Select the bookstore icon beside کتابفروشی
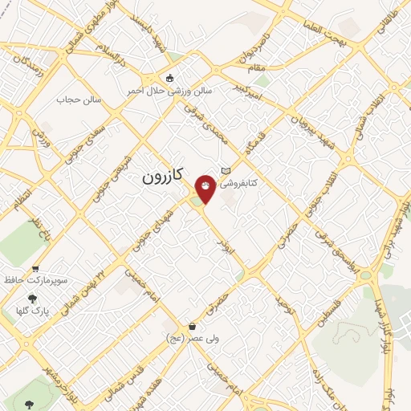pyautogui.click(x=226, y=169)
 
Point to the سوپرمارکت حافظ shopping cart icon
pyautogui.click(x=35, y=269)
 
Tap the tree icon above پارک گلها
pyautogui.click(x=31, y=298)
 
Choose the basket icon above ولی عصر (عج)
pyautogui.click(x=192, y=327)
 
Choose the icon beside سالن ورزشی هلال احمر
pyautogui.click(x=169, y=78)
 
